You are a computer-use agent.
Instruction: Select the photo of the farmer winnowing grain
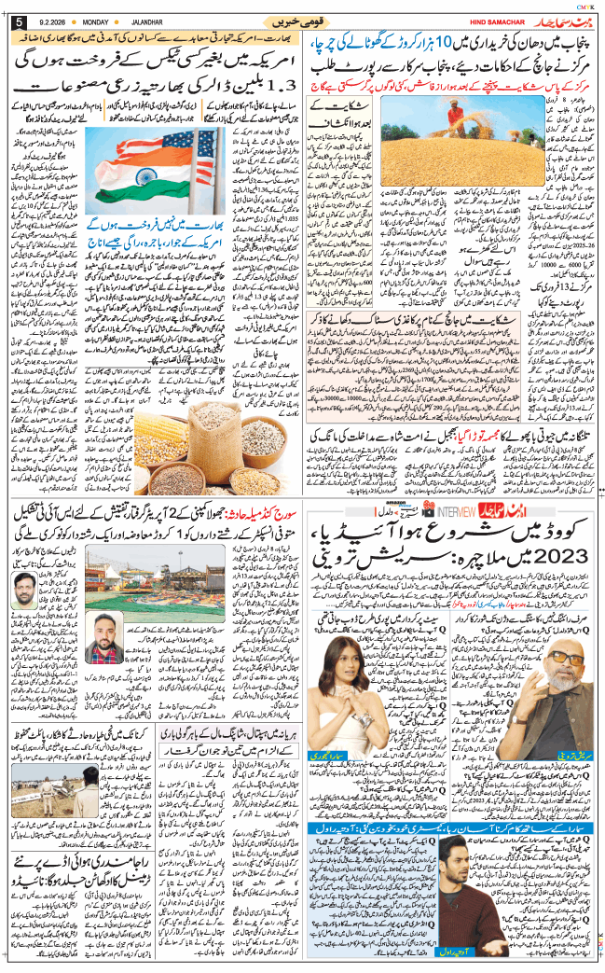point(503,128)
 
